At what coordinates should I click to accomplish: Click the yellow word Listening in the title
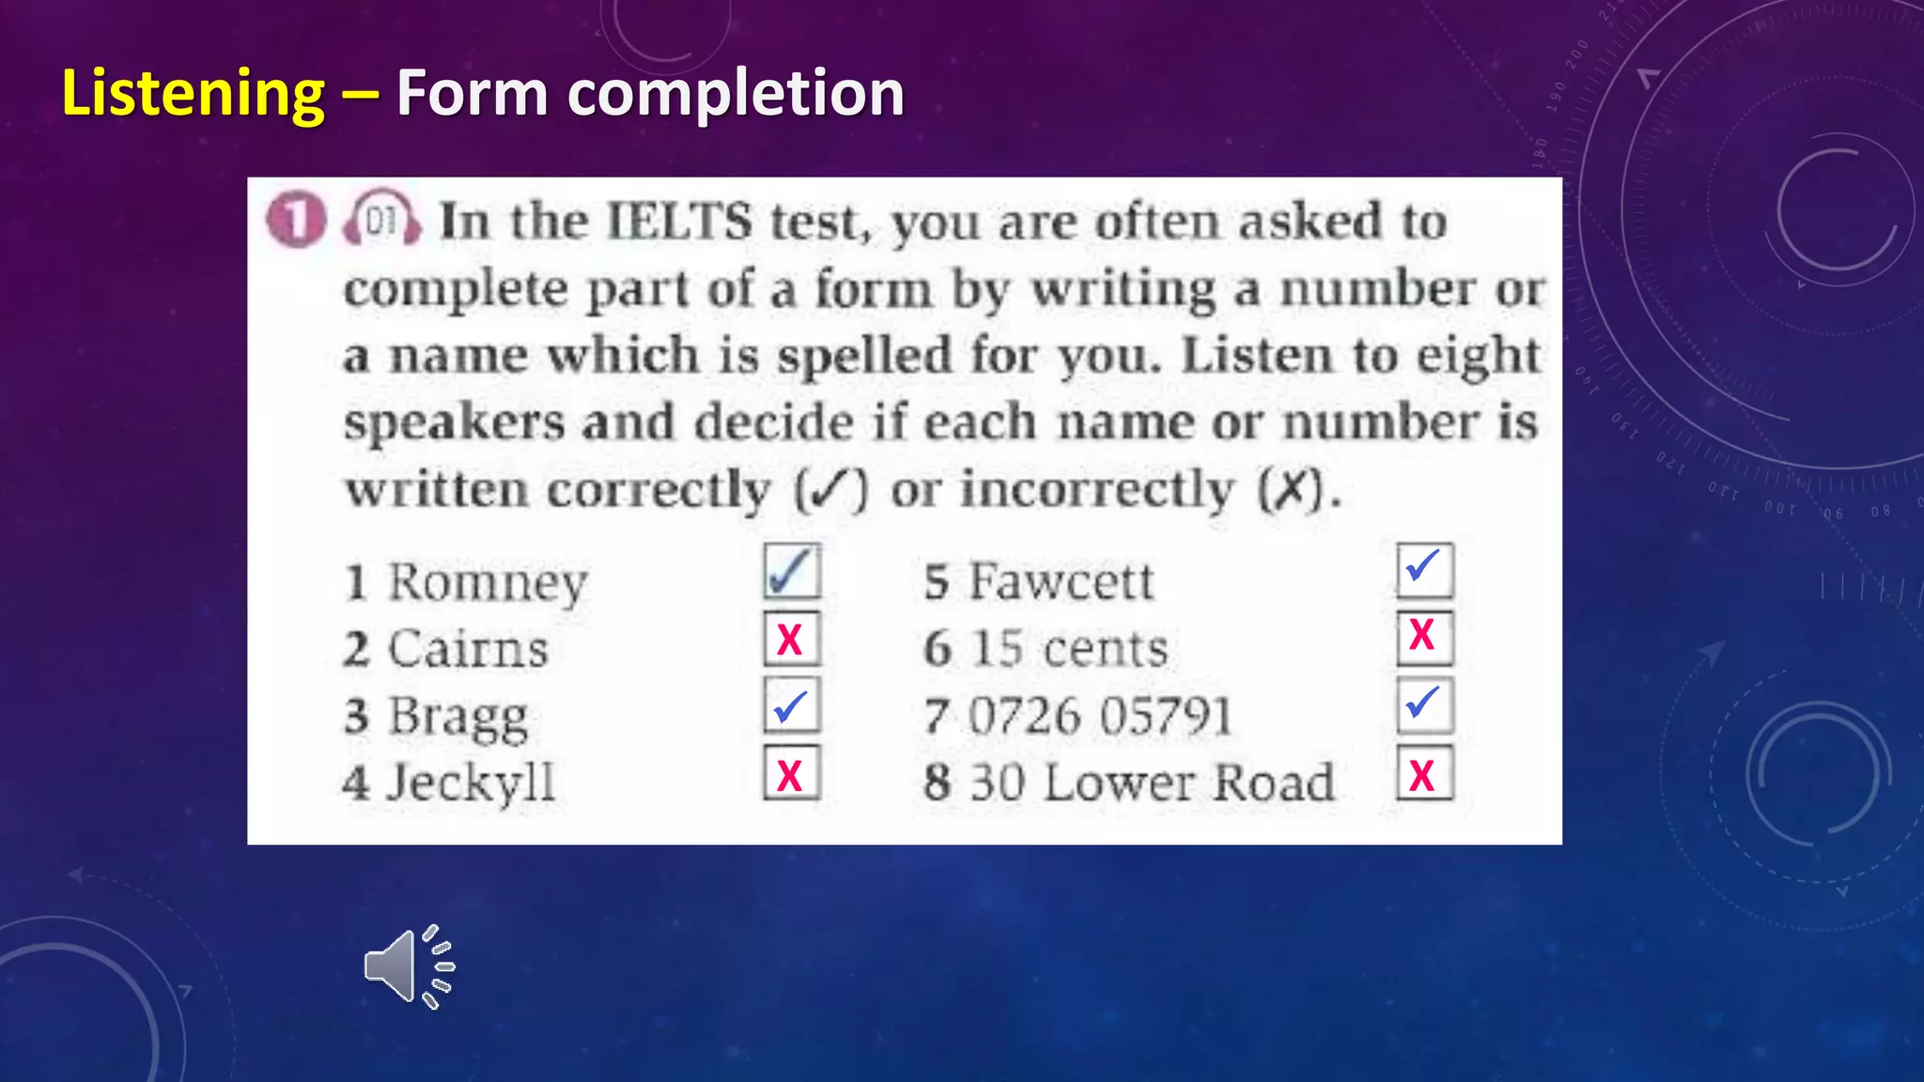click(193, 94)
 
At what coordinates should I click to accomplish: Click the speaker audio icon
click(410, 966)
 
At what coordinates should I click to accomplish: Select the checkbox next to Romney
click(791, 571)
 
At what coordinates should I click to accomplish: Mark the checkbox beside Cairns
click(791, 639)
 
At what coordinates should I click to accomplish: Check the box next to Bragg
click(791, 705)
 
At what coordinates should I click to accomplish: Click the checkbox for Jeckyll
click(791, 773)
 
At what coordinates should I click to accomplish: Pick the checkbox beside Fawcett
click(1424, 570)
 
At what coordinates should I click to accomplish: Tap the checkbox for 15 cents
click(1424, 638)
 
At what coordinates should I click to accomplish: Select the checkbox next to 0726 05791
click(1424, 705)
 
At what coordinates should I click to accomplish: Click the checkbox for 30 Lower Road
click(1424, 773)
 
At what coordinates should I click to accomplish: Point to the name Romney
click(488, 582)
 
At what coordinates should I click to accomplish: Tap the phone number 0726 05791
click(1099, 717)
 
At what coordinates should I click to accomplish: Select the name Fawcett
click(1061, 581)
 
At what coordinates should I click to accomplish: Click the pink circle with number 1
click(296, 221)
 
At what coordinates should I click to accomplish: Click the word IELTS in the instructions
click(679, 223)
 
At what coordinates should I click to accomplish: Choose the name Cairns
click(468, 649)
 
